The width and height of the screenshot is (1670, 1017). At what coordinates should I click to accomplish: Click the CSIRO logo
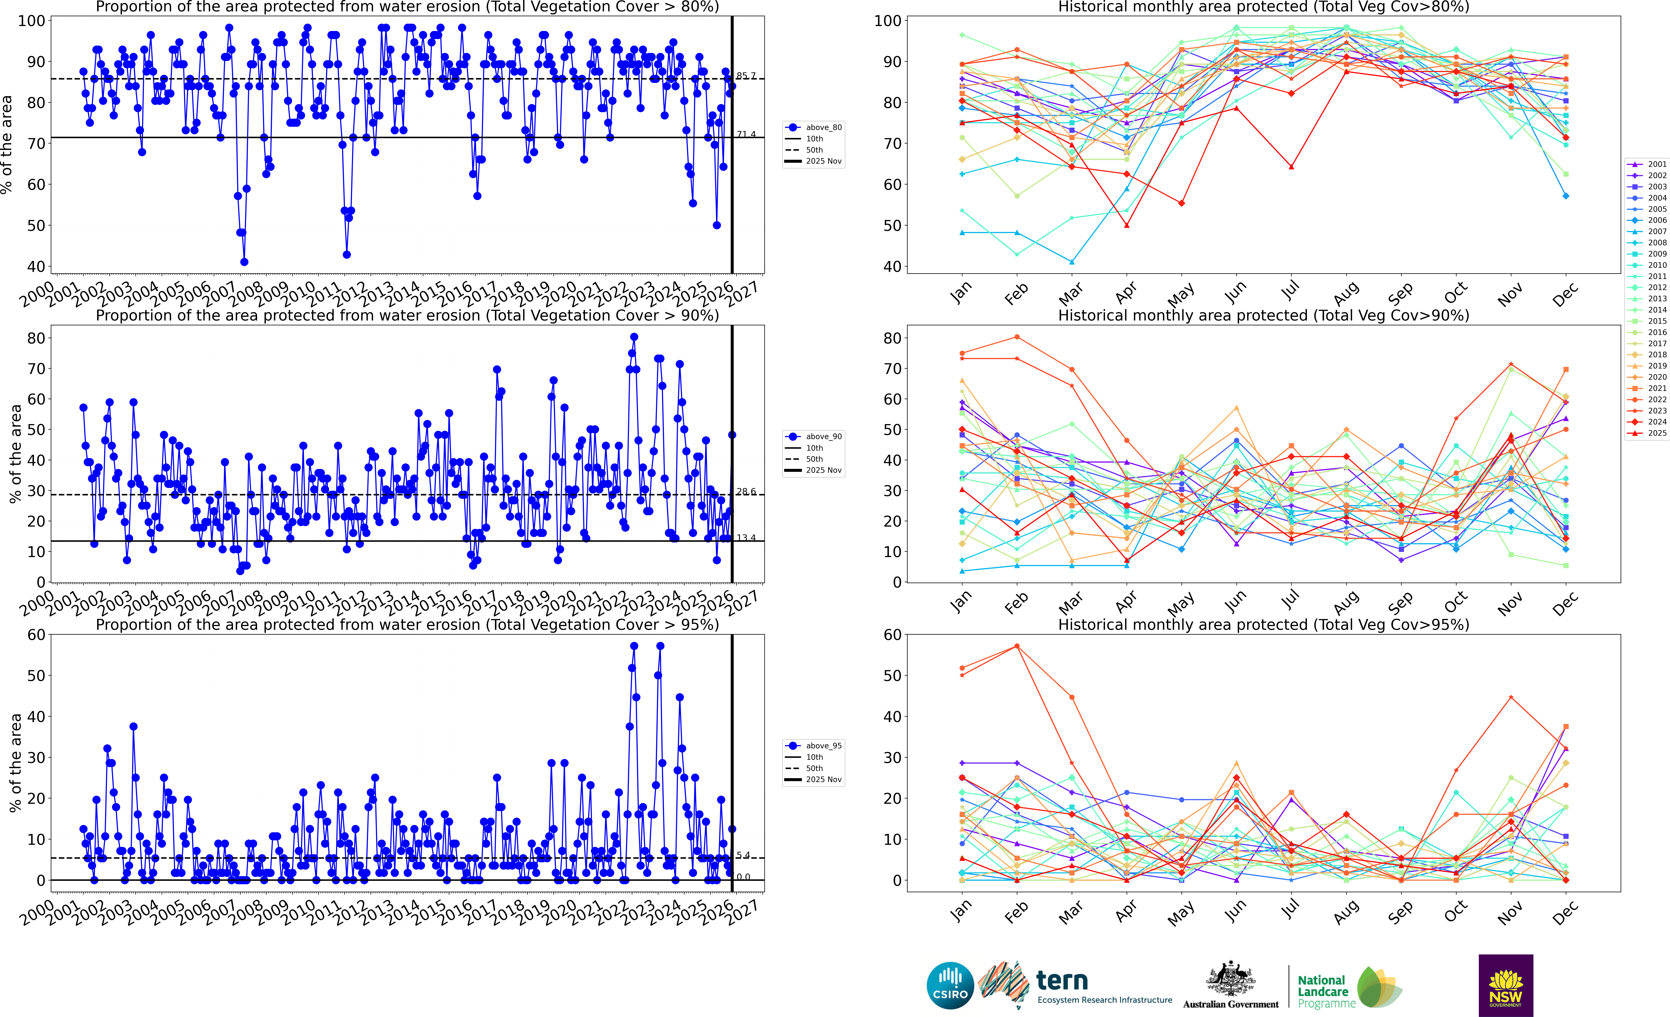click(x=950, y=985)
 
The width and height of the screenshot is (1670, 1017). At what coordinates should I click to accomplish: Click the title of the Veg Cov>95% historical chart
click(x=1263, y=624)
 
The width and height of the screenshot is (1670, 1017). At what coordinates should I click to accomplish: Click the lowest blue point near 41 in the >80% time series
click(x=244, y=262)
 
